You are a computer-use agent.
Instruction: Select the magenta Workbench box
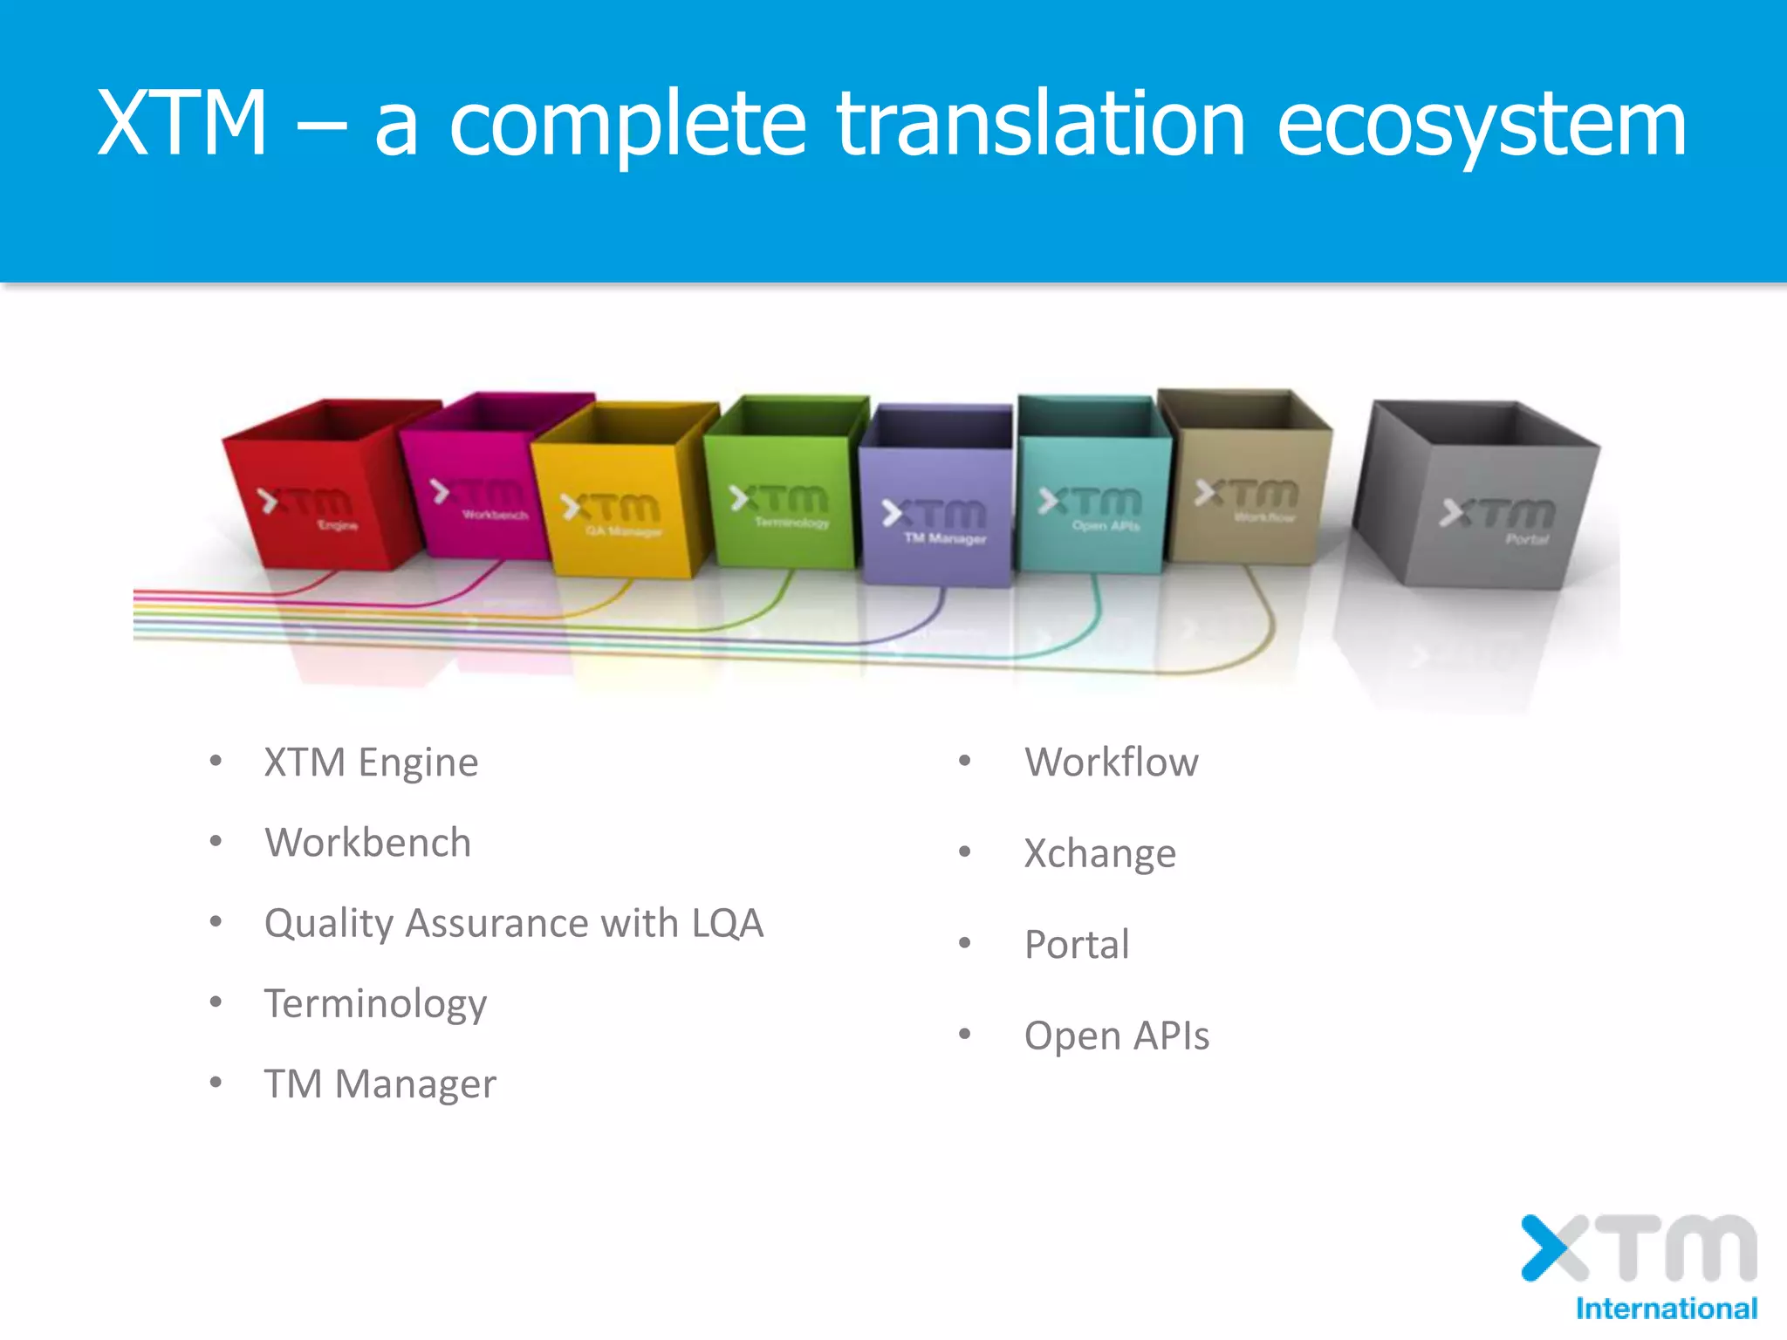[476, 497]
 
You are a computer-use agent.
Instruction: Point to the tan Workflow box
[1248, 497]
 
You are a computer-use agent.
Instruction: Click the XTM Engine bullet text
[371, 762]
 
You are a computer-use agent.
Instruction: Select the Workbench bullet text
[367, 843]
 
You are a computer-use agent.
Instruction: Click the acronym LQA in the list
[727, 923]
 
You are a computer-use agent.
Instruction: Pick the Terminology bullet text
[375, 1004]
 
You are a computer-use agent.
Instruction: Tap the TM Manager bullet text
[380, 1084]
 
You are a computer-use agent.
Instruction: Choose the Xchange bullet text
[1099, 853]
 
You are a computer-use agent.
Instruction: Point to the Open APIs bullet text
[1116, 1036]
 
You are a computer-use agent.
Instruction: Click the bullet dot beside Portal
[964, 943]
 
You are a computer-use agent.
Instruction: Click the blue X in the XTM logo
[1546, 1248]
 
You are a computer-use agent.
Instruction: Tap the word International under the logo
[1666, 1309]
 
